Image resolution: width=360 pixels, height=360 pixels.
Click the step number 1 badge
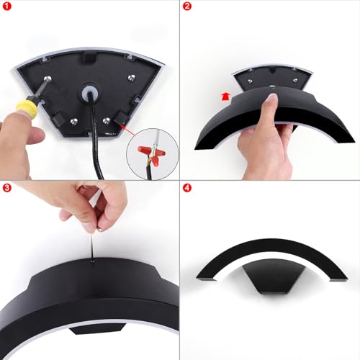(x=6, y=6)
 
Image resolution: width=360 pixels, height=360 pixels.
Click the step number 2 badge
(x=187, y=6)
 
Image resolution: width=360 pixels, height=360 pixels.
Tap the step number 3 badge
(x=6, y=187)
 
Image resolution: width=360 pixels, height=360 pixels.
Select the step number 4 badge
(x=187, y=188)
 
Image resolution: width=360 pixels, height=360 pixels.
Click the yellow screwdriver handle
(x=27, y=107)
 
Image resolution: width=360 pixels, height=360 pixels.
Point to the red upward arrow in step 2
(x=225, y=96)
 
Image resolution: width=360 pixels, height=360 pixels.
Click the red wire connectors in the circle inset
(x=152, y=153)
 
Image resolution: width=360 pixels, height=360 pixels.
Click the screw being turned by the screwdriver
(x=48, y=78)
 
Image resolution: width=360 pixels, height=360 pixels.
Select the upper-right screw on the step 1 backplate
(x=132, y=77)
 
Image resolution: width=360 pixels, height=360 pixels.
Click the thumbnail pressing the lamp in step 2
(x=271, y=97)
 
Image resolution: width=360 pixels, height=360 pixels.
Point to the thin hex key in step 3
(x=92, y=244)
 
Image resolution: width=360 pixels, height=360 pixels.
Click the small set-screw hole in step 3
(x=92, y=261)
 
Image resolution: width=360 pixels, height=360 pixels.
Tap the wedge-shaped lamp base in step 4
(x=273, y=276)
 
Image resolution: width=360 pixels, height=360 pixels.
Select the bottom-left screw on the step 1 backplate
(x=73, y=121)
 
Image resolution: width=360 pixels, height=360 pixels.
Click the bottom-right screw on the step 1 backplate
(x=106, y=121)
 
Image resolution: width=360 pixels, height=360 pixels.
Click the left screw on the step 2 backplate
(x=250, y=81)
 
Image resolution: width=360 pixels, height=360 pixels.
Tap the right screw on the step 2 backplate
(x=295, y=80)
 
